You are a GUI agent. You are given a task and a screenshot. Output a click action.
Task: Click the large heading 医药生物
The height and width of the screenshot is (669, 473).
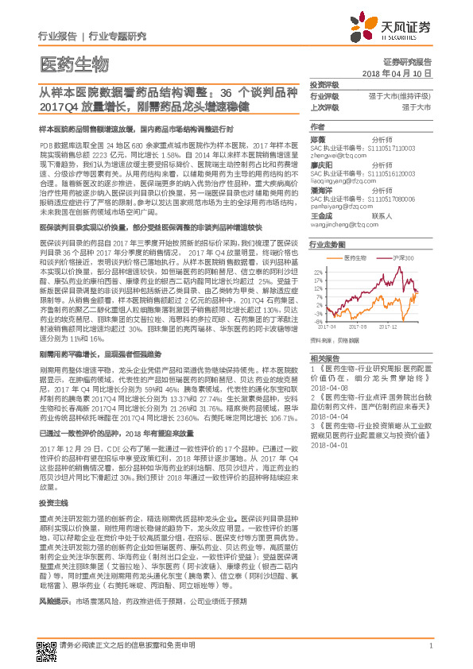(73, 64)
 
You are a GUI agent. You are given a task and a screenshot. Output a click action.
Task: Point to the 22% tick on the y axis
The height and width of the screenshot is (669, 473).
(318, 272)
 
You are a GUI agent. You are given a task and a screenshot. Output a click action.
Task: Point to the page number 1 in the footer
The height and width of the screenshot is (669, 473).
(429, 645)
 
